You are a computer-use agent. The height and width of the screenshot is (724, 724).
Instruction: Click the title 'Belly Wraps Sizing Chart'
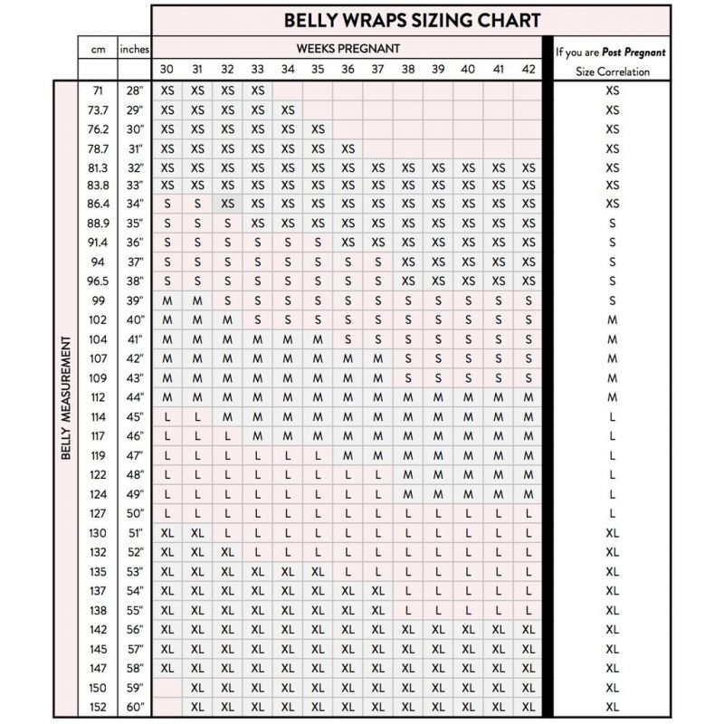(x=412, y=20)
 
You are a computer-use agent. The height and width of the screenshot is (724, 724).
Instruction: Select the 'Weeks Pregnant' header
(x=348, y=48)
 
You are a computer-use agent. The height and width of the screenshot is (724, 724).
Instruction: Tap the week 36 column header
(x=348, y=70)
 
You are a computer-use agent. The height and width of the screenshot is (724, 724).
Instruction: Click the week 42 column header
(x=529, y=70)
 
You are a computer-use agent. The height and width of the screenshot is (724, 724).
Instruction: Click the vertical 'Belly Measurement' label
(x=66, y=398)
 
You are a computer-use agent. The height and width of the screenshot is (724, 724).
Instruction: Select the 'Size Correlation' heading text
(x=613, y=71)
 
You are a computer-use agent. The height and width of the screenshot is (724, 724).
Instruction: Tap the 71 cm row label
(x=98, y=90)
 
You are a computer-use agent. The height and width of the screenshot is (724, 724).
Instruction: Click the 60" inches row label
(x=134, y=706)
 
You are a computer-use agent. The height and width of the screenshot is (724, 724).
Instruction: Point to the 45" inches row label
(x=134, y=417)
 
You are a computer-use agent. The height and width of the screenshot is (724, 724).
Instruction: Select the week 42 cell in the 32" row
(x=529, y=167)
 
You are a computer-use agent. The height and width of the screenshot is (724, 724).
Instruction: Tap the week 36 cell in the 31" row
(x=348, y=148)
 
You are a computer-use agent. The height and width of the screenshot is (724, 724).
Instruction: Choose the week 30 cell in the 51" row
(x=167, y=533)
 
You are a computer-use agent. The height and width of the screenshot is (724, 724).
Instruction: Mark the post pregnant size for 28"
(x=613, y=90)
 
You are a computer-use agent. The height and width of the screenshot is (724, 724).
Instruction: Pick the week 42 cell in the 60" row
(x=529, y=706)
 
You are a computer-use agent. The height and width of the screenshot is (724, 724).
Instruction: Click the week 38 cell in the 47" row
(x=408, y=455)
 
